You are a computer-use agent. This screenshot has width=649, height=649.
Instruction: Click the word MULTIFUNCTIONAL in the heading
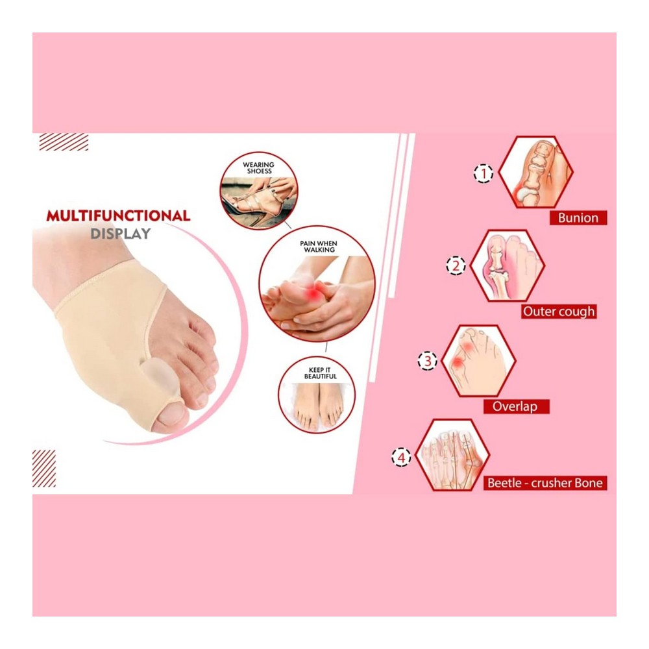pos(118,215)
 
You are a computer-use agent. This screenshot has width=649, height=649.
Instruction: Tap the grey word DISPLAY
pos(121,234)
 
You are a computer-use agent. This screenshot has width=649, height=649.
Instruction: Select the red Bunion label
pos(578,217)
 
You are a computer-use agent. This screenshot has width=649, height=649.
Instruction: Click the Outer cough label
pos(559,312)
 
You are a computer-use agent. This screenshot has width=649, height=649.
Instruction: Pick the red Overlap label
pos(516,406)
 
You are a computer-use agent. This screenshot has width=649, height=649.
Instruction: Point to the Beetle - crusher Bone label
pos(545,483)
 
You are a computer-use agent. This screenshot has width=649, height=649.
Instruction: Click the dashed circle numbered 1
pos(484,173)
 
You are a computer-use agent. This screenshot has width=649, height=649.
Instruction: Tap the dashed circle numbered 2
pos(456,265)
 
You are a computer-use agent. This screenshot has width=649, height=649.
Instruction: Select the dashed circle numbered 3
pos(428,360)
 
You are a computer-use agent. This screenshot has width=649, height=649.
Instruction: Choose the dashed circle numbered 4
pos(401,458)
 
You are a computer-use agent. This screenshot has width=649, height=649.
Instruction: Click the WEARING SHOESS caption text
pos(259,167)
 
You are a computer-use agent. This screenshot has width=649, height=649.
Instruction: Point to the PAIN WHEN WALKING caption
pos(318,247)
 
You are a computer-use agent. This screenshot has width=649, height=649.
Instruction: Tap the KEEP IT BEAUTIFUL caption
pos(321,373)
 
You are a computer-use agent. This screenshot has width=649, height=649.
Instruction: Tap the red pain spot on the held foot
pos(314,293)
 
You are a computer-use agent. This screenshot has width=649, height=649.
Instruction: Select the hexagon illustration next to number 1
pos(535,172)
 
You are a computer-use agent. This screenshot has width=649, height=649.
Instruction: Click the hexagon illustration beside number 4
pos(452,455)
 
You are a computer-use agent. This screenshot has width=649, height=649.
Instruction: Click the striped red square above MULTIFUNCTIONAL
pos(64,142)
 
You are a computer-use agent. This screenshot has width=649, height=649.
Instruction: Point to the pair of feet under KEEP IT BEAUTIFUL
pos(318,405)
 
